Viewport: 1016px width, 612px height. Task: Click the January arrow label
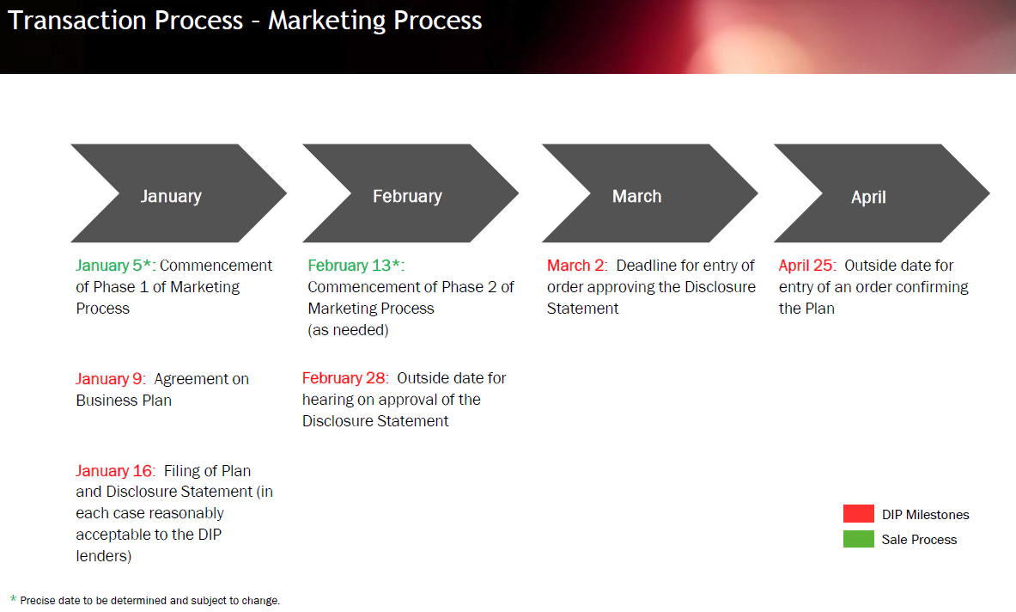(171, 197)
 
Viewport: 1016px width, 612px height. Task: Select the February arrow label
(407, 197)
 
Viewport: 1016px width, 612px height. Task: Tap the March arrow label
(637, 196)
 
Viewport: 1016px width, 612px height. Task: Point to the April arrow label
(868, 197)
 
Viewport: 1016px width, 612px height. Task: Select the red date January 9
(109, 378)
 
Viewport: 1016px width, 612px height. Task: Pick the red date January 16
(114, 471)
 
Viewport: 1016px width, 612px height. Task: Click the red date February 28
(344, 378)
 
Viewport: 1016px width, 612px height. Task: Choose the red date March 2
(575, 265)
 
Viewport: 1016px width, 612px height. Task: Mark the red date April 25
(806, 265)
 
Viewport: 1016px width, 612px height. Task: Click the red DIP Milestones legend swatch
(859, 513)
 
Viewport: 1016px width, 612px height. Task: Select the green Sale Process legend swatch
(859, 539)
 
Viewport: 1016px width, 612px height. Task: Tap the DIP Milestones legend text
(925, 515)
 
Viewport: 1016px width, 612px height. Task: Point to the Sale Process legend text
(919, 540)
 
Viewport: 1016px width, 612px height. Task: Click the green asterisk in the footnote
(13, 598)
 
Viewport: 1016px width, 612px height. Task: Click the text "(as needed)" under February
(348, 330)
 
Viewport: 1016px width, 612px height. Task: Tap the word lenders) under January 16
(104, 555)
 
